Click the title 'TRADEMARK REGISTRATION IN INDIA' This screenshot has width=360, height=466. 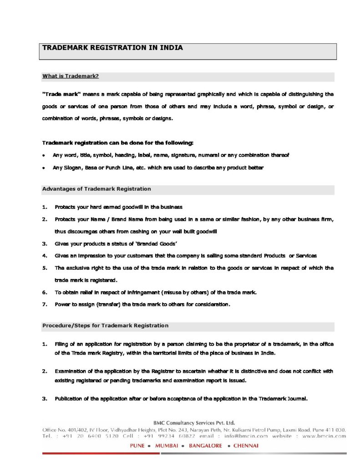112,47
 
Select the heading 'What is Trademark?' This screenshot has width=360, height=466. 71,76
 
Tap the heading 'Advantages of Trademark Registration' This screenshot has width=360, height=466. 96,189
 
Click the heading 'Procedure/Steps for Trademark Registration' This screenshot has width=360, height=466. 105,325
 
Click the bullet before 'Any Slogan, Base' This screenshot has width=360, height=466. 43,168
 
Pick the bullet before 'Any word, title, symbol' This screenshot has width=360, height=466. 43,155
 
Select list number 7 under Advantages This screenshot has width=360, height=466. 45,304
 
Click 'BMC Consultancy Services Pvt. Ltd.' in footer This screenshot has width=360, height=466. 194,422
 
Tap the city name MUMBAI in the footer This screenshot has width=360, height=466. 167,446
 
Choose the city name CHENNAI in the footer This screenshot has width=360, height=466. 246,446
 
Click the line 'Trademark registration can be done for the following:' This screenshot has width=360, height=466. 117,143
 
